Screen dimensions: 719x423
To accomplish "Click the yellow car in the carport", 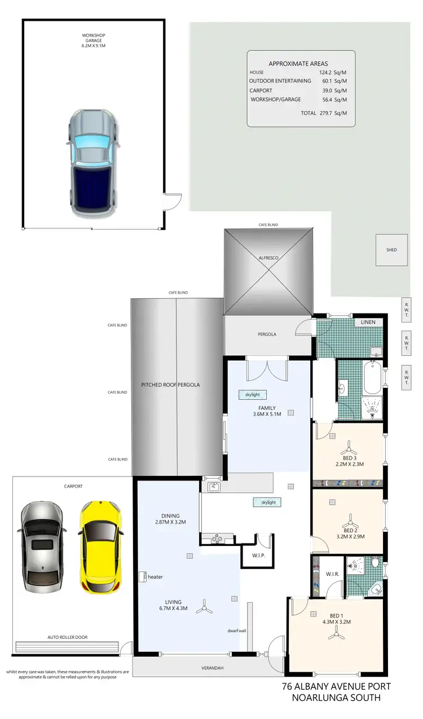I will pos(99,547).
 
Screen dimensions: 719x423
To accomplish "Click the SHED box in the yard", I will pos(391,250).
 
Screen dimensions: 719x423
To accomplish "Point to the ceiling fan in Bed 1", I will pos(337,635).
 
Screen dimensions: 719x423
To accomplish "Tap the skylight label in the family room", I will pos(252,395).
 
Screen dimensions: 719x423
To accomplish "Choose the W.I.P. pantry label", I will pos(251,555).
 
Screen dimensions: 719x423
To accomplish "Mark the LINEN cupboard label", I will pos(369,322).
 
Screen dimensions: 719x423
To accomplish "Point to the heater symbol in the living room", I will pos(142,576).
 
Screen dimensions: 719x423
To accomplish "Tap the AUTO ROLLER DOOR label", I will pos(68,637).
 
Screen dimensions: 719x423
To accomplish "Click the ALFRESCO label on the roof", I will pos(268,257).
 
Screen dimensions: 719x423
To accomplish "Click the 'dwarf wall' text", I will pos(237,630).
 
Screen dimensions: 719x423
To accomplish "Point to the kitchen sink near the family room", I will pos(214,487).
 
